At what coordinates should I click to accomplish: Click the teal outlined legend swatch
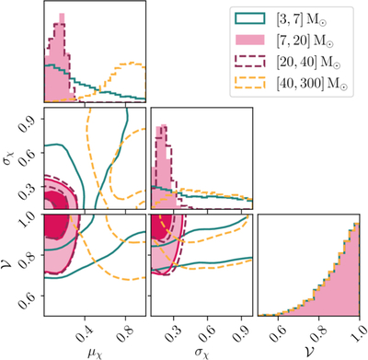249,18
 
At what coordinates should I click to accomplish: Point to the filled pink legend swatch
249,40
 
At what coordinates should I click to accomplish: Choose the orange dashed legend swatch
249,83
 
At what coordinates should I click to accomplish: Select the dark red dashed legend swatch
249,61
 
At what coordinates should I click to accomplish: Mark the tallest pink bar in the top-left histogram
62,58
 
